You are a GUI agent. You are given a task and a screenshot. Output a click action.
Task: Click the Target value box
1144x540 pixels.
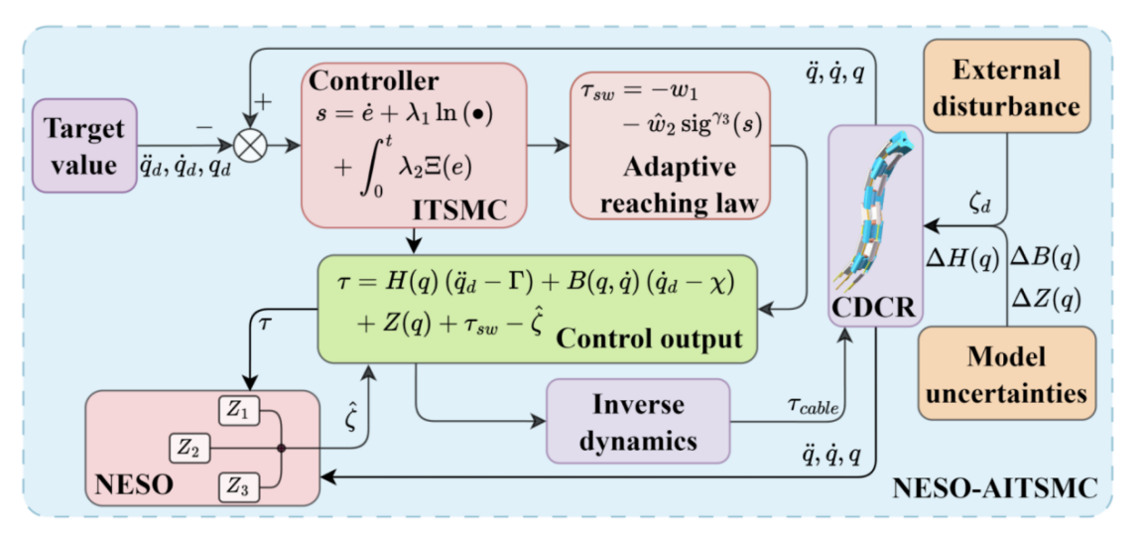84,144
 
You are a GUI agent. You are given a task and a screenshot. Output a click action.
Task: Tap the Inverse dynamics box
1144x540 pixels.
638,420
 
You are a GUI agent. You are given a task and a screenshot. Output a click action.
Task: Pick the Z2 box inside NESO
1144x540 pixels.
191,449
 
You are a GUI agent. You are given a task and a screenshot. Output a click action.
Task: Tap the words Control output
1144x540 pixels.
650,337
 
